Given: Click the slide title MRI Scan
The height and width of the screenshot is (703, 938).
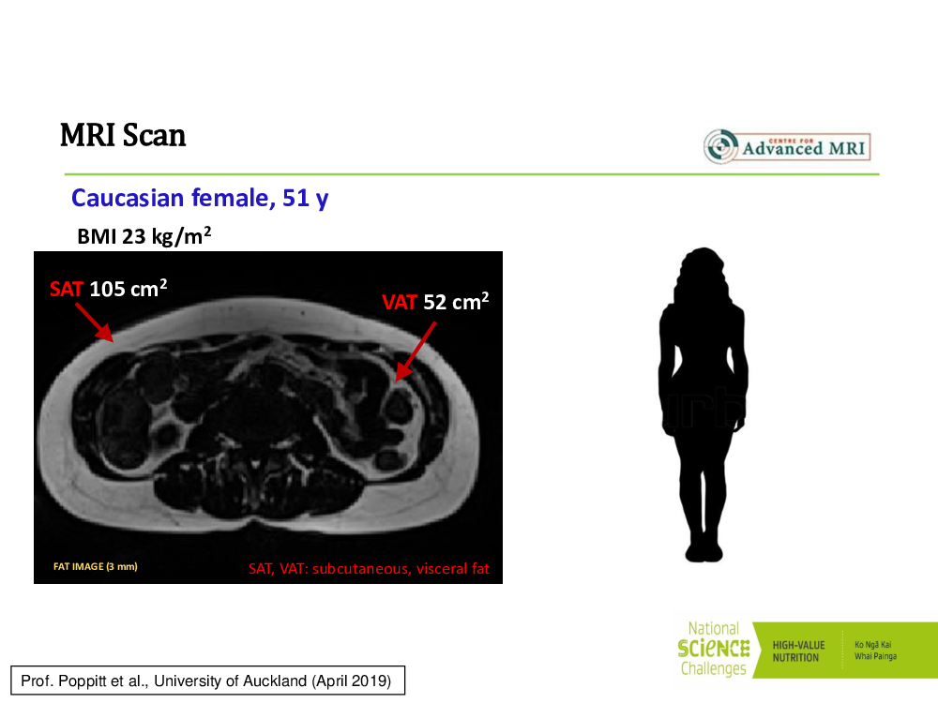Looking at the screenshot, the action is pos(123,135).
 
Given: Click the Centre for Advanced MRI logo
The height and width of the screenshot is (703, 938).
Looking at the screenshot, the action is pos(787,146).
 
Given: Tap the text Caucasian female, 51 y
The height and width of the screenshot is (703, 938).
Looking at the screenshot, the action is pos(200,198).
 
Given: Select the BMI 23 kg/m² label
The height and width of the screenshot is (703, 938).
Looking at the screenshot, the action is pos(144,235).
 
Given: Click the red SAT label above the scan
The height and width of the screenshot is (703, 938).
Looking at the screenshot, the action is pos(66,290).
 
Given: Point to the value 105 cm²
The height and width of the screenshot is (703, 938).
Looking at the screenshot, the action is pos(128,288).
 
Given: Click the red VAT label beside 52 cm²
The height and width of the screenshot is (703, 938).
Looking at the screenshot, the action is pos(399,303).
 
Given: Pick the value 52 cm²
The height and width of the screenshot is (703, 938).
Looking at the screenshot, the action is pos(456,301).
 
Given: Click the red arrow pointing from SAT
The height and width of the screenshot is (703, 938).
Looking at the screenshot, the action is pos(95,322).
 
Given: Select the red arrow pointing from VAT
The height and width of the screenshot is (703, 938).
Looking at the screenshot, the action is pos(416,351).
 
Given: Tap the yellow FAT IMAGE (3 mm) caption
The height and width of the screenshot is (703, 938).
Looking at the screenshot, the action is pos(96,566).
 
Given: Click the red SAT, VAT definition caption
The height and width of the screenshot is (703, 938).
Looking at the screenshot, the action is pos(369,569).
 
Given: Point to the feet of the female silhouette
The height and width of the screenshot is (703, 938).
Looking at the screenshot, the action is pos(703,552).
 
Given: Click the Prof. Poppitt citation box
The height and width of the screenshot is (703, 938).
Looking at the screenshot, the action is pos(207,681).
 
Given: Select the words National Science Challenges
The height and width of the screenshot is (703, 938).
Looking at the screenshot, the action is pos(714,649).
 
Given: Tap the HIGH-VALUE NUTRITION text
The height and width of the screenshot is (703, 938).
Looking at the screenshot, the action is pos(798,651).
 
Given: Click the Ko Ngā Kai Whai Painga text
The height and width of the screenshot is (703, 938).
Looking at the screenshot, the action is pos(875,651).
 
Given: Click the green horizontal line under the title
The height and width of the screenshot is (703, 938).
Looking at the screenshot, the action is pos(472,174).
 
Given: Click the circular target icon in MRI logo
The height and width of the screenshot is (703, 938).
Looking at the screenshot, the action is pos(720,146).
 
